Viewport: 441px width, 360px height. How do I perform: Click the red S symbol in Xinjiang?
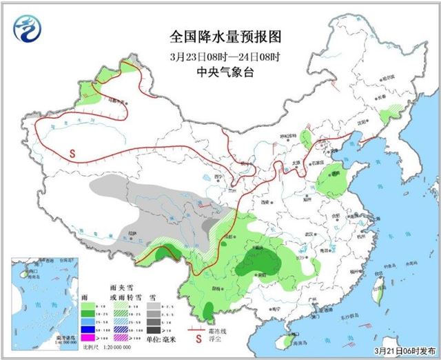pyautogui.click(x=72, y=153)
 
